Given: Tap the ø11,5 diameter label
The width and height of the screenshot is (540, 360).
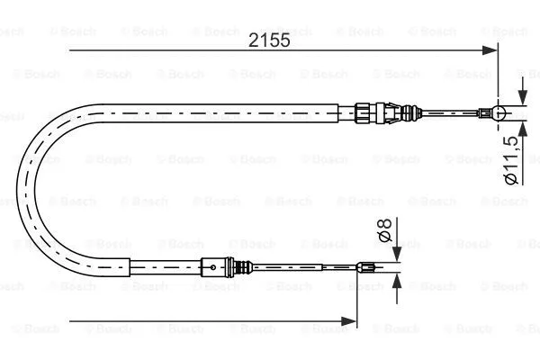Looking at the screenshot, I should [x=509, y=159].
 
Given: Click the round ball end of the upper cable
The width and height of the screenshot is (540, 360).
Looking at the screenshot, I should [x=500, y=112].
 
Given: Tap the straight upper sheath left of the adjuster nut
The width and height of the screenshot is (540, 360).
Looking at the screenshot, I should [x=225, y=111].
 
